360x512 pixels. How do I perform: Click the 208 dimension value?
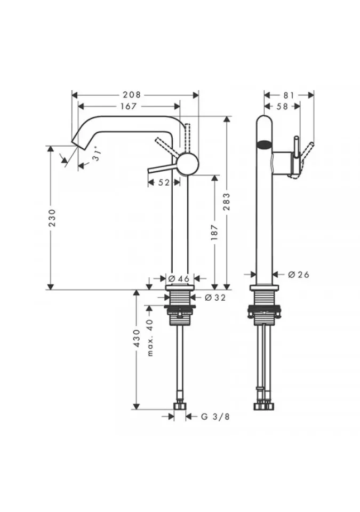132,95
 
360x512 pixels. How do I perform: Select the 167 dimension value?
128,106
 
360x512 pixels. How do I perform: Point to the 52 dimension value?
164,182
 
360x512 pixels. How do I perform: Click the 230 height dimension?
52,218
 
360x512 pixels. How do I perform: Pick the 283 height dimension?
227,202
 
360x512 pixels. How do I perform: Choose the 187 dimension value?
214,232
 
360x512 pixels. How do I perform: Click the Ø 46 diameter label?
179,278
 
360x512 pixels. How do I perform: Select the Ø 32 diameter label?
215,297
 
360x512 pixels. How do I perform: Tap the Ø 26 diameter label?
299,274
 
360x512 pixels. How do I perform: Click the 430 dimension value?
137,338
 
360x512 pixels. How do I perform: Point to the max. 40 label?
150,338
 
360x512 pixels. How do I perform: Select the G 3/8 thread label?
215,417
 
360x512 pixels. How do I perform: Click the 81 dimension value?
289,95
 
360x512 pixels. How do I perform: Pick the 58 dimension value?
282,106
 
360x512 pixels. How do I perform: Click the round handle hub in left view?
188,164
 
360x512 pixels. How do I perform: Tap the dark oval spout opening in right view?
265,144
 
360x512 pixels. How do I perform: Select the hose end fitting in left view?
180,406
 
